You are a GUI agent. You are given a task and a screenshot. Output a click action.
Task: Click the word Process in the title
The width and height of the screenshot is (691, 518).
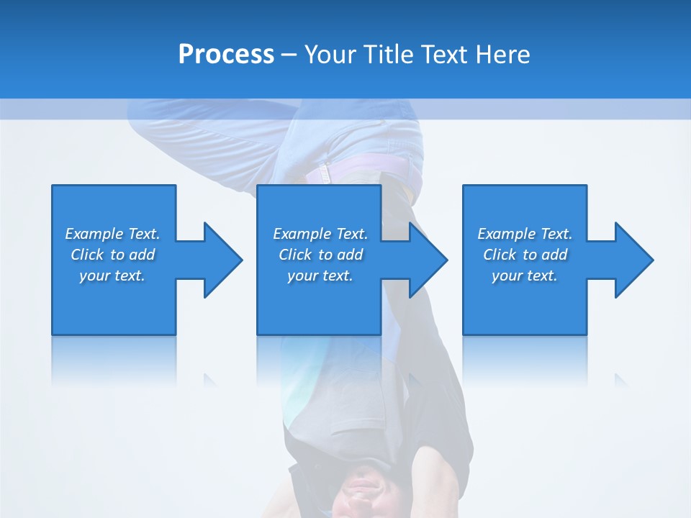click(x=226, y=55)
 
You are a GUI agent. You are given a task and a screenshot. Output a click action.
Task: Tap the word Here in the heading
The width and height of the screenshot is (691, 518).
click(x=504, y=55)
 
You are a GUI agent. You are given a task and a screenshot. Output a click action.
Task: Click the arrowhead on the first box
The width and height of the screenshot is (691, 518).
click(x=220, y=260)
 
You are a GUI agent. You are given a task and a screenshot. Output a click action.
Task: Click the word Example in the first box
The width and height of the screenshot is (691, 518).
click(x=94, y=234)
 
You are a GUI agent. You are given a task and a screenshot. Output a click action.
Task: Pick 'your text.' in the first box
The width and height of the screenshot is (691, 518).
click(x=112, y=276)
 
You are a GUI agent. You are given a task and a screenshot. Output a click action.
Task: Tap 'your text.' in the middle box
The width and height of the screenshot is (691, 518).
click(x=320, y=276)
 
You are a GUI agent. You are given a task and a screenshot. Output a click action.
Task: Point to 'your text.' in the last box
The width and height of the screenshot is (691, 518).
click(x=525, y=276)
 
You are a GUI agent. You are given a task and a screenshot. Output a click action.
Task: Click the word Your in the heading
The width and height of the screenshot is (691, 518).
click(x=329, y=55)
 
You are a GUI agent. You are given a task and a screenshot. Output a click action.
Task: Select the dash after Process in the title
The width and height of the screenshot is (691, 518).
click(x=289, y=55)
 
